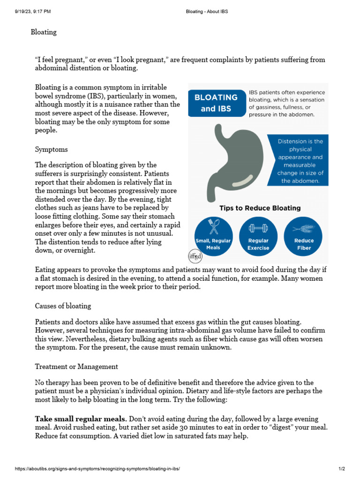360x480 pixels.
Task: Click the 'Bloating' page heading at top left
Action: [44, 32]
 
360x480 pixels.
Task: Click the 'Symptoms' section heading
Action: [52, 150]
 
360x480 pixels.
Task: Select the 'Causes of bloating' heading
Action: [63, 306]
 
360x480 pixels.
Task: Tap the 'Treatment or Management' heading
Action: [76, 367]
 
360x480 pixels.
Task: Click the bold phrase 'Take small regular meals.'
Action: [81, 419]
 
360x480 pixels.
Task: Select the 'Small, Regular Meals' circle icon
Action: [213, 236]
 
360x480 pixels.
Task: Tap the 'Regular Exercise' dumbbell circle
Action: [258, 236]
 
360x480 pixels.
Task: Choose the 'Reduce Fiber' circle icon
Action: [304, 236]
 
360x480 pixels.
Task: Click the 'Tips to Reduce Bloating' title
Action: [260, 208]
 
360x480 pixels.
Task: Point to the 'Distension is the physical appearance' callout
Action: [300, 161]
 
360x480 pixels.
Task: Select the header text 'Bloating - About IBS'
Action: [207, 11]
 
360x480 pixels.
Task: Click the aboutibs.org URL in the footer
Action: [97, 469]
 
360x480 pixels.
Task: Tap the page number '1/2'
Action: [342, 469]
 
